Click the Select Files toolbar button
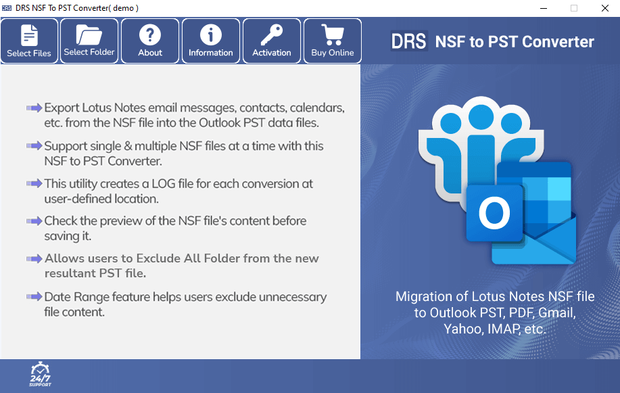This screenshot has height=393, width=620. [x=29, y=41]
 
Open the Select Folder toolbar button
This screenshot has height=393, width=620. [x=89, y=41]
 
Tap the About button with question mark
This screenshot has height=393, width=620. [x=150, y=41]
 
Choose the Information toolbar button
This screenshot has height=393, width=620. [x=211, y=41]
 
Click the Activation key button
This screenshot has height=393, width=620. [x=272, y=41]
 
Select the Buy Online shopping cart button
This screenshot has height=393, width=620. [x=333, y=41]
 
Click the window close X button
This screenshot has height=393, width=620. [x=604, y=8]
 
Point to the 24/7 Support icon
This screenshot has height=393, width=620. [x=40, y=374]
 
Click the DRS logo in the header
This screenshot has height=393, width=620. [x=409, y=41]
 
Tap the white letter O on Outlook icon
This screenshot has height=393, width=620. [x=494, y=214]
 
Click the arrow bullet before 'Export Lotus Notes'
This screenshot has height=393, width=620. [x=34, y=108]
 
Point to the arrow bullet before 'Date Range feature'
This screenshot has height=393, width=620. [x=34, y=297]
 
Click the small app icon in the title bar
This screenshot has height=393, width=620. [x=7, y=8]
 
